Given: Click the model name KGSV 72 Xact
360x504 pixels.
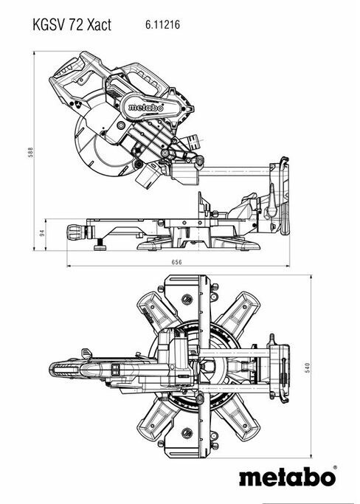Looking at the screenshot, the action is pyautogui.click(x=72, y=25).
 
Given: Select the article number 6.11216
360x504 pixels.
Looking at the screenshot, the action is pyautogui.click(x=162, y=24).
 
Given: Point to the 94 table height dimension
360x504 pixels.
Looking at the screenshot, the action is pyautogui.click(x=42, y=232).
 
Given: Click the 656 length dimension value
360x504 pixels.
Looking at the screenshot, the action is pyautogui.click(x=176, y=262).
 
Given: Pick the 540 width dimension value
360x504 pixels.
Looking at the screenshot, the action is pyautogui.click(x=308, y=367).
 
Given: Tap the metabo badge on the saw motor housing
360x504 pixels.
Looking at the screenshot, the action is pyautogui.click(x=145, y=107).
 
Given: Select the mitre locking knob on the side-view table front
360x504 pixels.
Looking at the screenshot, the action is pyautogui.click(x=75, y=232).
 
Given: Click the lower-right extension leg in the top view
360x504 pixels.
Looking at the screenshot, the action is pyautogui.click(x=240, y=421).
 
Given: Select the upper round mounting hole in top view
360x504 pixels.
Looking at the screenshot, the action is pyautogui.click(x=187, y=300).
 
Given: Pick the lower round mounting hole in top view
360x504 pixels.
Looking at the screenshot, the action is pyautogui.click(x=187, y=432).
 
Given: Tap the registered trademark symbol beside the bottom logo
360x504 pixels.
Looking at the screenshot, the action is pyautogui.click(x=335, y=468).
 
